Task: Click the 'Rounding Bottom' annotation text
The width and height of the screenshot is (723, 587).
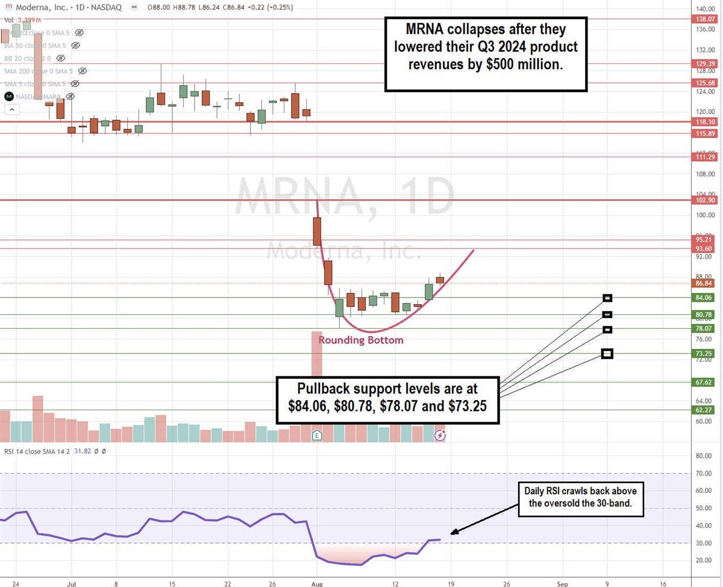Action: pos(361,340)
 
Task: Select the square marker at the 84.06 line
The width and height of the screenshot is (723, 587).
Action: pos(607,297)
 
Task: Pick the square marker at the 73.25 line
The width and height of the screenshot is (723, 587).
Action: pos(607,354)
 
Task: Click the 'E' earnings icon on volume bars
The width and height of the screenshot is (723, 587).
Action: pos(317,435)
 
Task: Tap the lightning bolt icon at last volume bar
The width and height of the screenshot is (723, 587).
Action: pos(440,435)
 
